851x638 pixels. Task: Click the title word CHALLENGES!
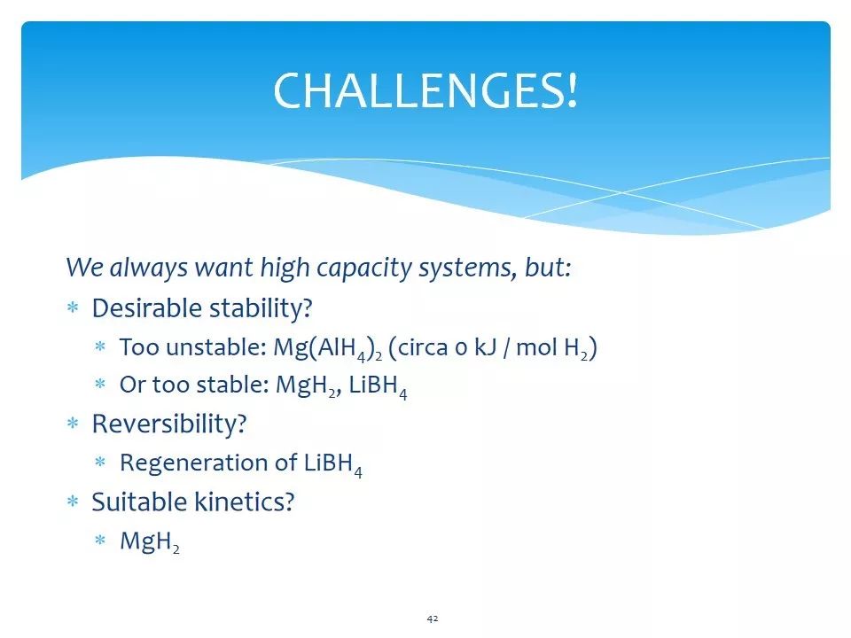tap(425, 90)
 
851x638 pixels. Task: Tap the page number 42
tap(433, 619)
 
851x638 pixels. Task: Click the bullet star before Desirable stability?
tap(73, 308)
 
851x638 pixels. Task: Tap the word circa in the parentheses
tap(422, 347)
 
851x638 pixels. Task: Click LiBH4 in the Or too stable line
tap(378, 386)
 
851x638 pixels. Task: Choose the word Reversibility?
tap(169, 424)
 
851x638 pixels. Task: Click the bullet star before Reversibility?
tap(73, 424)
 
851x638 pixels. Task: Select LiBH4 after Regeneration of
tap(333, 464)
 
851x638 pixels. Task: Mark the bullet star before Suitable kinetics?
tap(73, 502)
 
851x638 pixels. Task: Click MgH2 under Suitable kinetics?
tap(150, 541)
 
